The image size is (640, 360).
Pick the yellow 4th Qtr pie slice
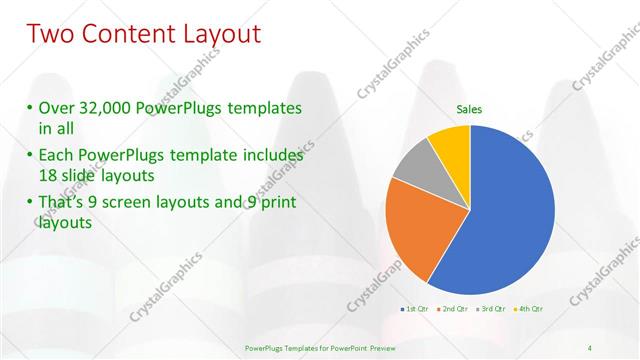click(x=451, y=146)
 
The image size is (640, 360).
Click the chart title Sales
click(x=470, y=109)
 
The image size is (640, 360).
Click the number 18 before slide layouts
click(x=50, y=176)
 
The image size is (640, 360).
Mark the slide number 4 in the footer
click(x=590, y=347)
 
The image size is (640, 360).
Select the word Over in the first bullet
click(x=54, y=107)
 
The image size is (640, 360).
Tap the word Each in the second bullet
click(x=54, y=155)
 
